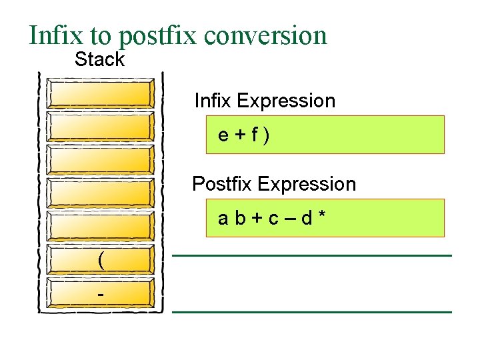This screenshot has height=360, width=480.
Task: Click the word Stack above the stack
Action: click(x=99, y=59)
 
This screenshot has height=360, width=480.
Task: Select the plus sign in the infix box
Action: click(x=239, y=135)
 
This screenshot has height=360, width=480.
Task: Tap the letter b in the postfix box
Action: click(x=239, y=218)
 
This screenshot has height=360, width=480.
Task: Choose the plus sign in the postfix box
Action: click(x=255, y=219)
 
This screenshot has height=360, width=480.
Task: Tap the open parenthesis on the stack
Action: click(x=101, y=260)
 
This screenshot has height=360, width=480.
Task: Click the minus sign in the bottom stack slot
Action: click(x=101, y=293)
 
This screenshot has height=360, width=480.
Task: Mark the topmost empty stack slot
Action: click(x=101, y=95)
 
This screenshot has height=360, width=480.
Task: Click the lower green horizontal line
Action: click(x=312, y=312)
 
